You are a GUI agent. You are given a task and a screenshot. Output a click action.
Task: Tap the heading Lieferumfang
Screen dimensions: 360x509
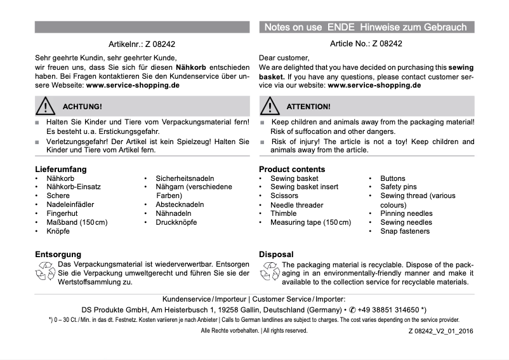click(60, 170)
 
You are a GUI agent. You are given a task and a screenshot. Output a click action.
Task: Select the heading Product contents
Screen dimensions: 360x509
click(292, 170)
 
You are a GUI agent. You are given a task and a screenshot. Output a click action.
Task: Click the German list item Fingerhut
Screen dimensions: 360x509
click(63, 214)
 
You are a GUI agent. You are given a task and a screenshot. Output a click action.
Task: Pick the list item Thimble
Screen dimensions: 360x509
click(283, 214)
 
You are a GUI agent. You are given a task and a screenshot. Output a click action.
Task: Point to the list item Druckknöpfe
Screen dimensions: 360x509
click(176, 223)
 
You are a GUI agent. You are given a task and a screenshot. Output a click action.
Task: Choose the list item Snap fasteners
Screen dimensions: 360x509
click(405, 231)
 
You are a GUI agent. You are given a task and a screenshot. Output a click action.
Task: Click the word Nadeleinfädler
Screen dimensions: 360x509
click(70, 205)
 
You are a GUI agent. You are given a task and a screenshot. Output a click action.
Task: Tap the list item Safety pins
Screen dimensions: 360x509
click(399, 187)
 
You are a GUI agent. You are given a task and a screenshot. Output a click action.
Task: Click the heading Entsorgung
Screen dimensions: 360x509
click(58, 254)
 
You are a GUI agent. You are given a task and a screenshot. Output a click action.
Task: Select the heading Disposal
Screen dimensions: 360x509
click(276, 254)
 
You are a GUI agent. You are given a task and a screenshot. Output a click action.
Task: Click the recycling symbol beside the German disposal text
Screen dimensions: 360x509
click(44, 272)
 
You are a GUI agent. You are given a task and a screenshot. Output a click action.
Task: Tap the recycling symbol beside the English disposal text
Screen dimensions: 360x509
click(269, 272)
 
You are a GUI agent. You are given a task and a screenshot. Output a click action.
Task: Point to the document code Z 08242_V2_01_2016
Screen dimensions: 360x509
click(441, 331)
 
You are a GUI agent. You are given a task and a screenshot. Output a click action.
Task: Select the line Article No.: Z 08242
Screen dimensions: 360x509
click(366, 44)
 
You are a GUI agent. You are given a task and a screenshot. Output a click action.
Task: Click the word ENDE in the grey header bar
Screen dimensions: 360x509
click(341, 27)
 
